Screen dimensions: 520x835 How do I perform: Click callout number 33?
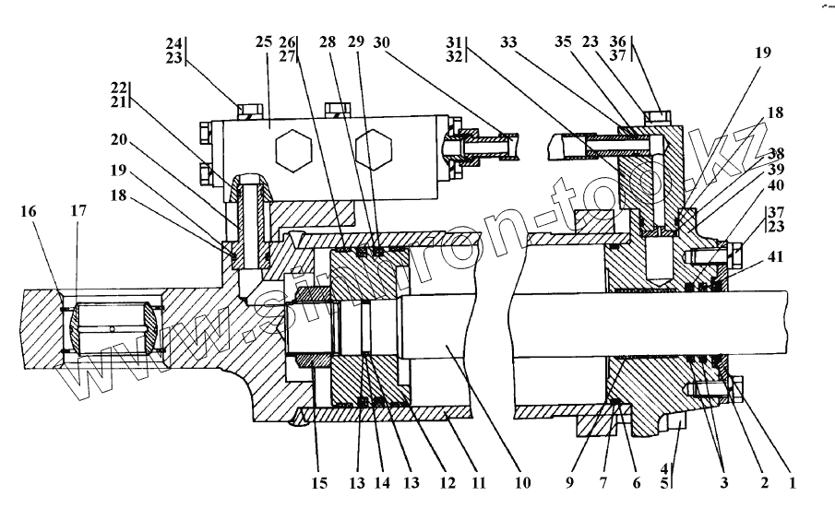point(507,43)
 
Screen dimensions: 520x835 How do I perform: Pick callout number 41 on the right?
point(774,257)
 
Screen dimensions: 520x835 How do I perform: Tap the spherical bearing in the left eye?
point(112,329)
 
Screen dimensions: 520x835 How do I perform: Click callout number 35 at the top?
point(563,43)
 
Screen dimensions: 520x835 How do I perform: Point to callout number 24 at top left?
point(174,42)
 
